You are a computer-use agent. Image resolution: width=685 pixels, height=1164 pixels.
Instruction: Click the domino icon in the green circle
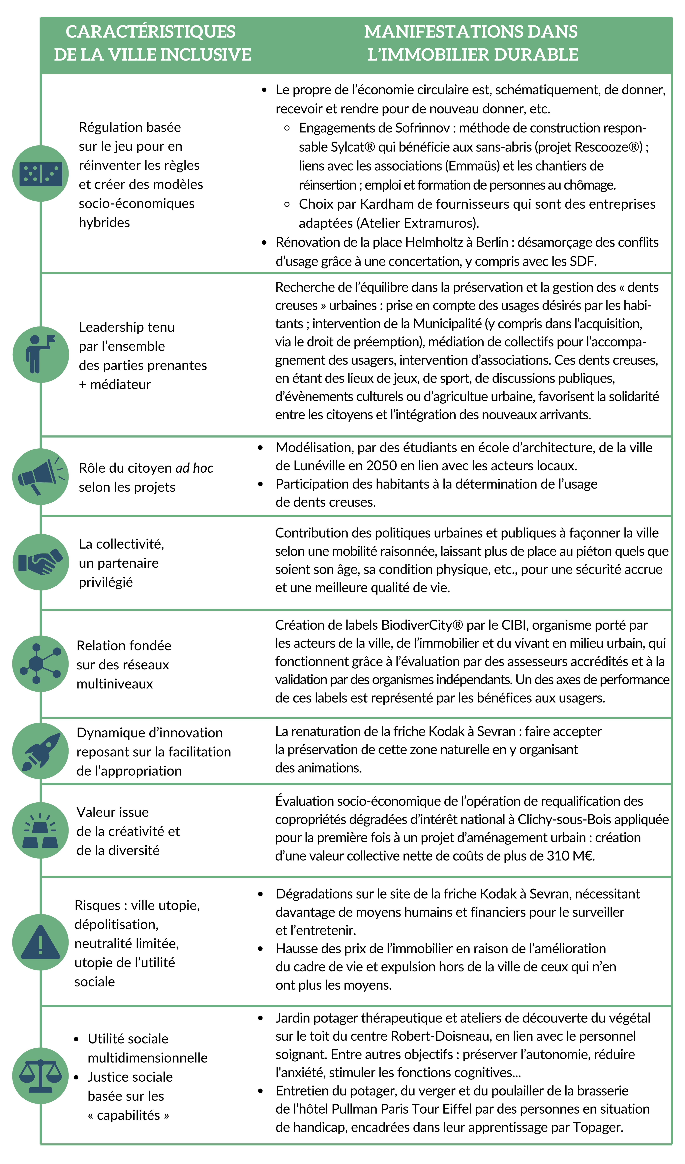point(41,174)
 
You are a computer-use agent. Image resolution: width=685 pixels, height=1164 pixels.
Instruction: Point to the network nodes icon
point(41,663)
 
